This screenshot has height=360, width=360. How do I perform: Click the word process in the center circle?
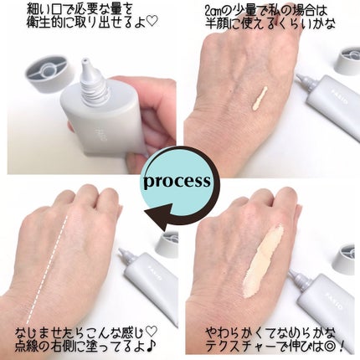tap(179, 180)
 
